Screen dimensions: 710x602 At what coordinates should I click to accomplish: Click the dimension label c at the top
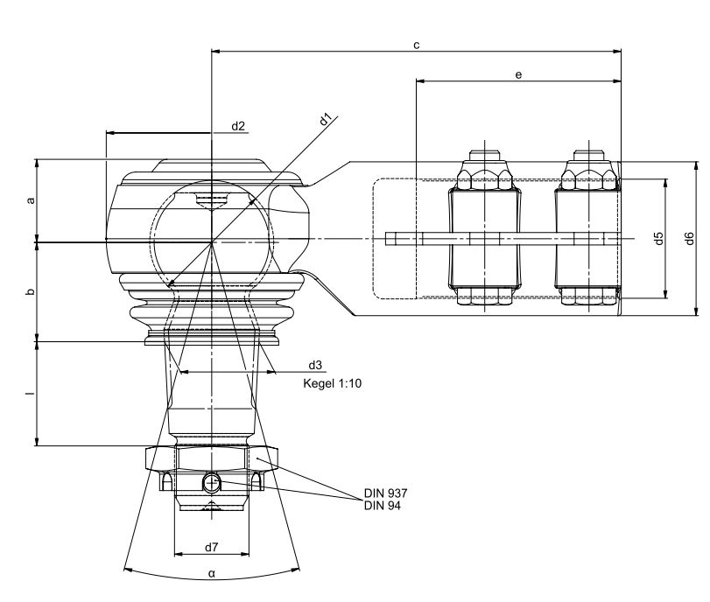(x=417, y=45)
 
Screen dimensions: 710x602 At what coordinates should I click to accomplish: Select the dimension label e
(x=518, y=74)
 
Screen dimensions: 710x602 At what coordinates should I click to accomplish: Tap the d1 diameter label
(x=326, y=120)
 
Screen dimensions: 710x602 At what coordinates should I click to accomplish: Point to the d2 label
(x=238, y=126)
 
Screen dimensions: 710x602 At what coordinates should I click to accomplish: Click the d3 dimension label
(x=315, y=365)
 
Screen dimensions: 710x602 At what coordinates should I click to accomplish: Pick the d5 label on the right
(x=659, y=238)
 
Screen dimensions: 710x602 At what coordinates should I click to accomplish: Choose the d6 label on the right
(x=689, y=238)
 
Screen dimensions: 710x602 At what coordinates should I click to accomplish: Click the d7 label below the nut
(x=212, y=547)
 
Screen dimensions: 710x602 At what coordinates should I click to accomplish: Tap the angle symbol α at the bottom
(x=212, y=574)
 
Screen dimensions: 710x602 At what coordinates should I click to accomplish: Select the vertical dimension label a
(x=31, y=200)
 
